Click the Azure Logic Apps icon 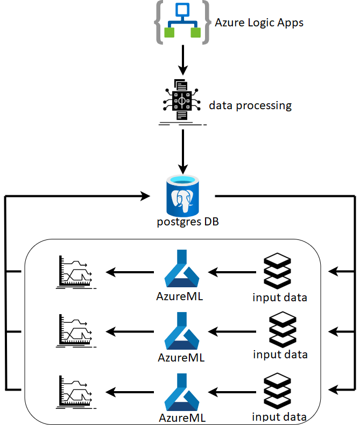pos(182,23)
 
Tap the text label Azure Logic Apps pos(259,23)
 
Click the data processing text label pos(250,105)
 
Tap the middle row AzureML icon pos(181,330)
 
